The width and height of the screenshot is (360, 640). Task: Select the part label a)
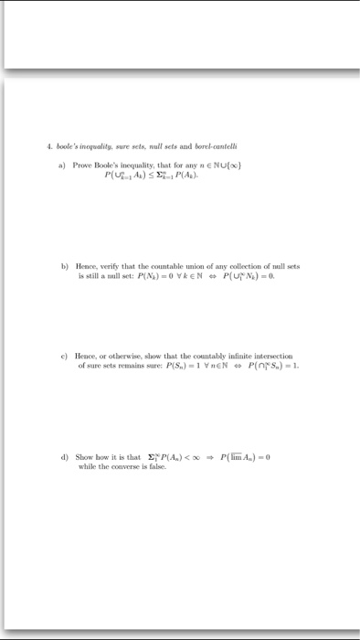(x=64, y=165)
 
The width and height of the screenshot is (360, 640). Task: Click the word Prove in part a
(x=85, y=165)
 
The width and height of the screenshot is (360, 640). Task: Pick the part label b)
(x=64, y=266)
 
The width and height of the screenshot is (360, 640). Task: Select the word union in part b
(x=213, y=266)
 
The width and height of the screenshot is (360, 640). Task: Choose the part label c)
(x=64, y=356)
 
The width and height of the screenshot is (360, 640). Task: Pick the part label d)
(x=64, y=456)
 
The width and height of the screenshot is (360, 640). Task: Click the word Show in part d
(x=84, y=456)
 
